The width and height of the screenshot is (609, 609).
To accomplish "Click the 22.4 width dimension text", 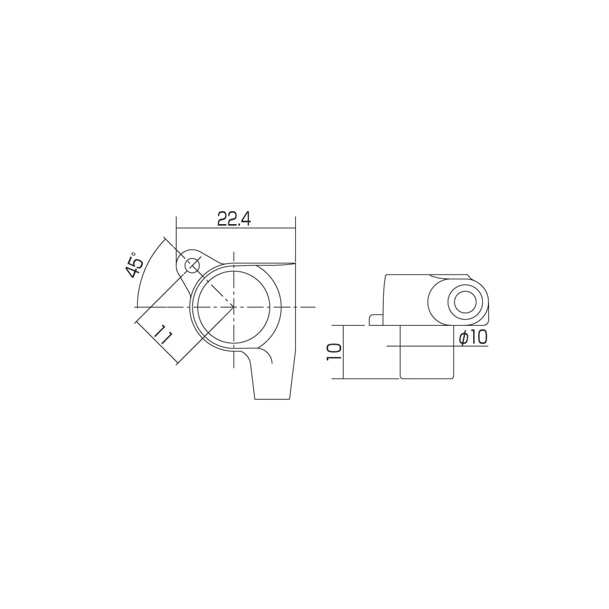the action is click(234, 219).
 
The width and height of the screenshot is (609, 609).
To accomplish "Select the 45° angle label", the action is click(135, 264).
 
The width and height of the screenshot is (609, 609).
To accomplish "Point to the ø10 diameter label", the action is click(473, 337).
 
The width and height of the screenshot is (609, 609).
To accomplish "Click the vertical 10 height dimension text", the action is click(334, 352).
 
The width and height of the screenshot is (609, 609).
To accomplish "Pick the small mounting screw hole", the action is click(192, 267).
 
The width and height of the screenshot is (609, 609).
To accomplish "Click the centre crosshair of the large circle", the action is click(234, 307).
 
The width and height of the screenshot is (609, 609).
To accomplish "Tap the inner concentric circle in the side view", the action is click(465, 302).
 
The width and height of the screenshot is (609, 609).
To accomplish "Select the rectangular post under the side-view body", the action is click(426, 352).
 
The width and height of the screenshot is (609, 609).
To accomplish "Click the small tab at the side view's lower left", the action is click(376, 320).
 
